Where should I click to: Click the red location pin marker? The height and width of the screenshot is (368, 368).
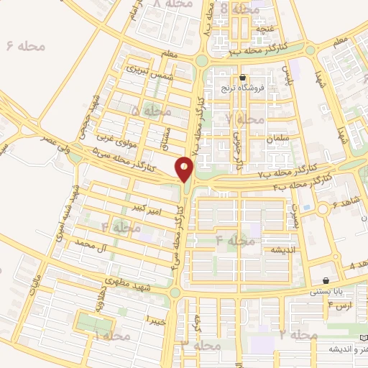pos(185,170)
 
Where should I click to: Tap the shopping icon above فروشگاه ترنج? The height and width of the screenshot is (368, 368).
pos(242,77)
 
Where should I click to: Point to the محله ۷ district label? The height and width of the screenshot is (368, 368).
pos(239,118)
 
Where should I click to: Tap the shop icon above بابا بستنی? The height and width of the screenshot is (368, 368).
pos(327,281)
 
